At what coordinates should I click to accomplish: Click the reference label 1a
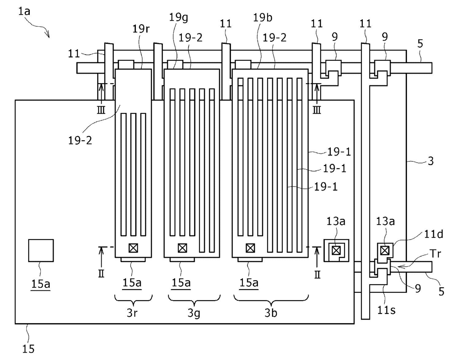24,11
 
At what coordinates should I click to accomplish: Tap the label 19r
141,29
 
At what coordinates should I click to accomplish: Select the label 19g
178,18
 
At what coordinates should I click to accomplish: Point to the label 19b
263,17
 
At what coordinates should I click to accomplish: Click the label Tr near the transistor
435,253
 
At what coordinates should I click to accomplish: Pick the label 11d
434,235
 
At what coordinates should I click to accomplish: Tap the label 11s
386,310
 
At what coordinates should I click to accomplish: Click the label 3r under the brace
132,313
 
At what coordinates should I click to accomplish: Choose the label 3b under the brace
271,313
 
